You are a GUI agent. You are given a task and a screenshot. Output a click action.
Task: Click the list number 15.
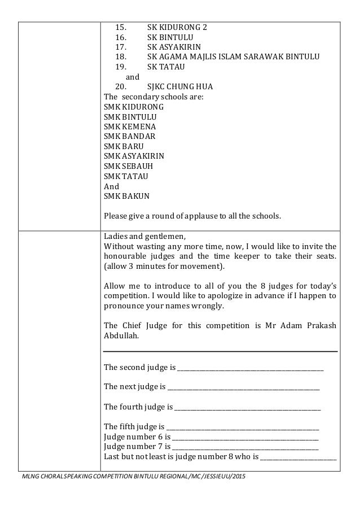pyautogui.click(x=121, y=27)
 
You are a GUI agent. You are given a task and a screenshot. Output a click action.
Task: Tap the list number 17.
pyautogui.click(x=121, y=47)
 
